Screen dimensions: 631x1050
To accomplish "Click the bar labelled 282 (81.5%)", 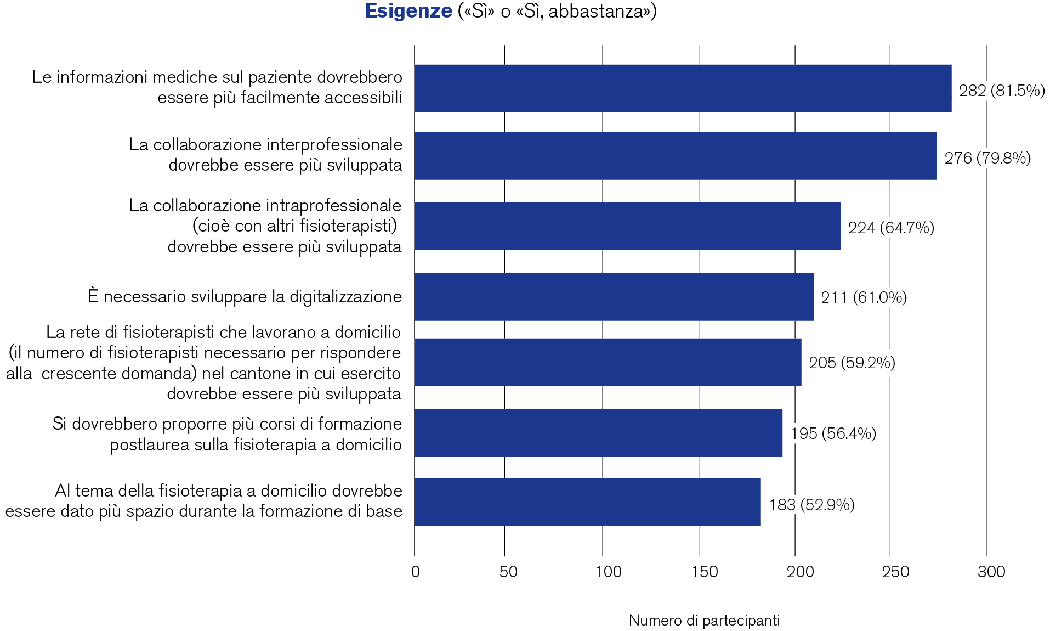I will click(x=683, y=88).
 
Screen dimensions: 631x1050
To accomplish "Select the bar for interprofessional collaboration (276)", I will click(x=675, y=156).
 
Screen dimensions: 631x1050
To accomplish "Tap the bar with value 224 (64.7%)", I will click(x=627, y=226).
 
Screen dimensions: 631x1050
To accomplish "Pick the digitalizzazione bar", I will click(x=614, y=297).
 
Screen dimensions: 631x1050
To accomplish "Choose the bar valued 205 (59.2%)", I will click(x=608, y=362).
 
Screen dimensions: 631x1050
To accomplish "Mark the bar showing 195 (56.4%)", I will click(x=598, y=432).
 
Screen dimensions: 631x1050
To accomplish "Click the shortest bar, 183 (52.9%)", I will click(x=587, y=502).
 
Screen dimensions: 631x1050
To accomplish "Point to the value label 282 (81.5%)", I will click(x=1001, y=91).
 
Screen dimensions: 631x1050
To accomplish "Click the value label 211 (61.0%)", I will click(x=864, y=297).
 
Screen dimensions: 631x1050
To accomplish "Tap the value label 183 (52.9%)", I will click(x=811, y=505).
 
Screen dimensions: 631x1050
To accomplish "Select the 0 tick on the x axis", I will click(x=415, y=572).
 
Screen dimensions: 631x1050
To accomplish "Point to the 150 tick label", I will click(x=704, y=572).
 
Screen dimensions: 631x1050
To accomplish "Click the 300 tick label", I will click(x=991, y=572).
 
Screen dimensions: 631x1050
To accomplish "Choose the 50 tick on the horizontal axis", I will click(x=508, y=572).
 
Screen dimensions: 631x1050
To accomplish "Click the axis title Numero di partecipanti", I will click(x=704, y=621).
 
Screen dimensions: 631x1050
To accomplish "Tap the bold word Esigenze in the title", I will click(x=408, y=11).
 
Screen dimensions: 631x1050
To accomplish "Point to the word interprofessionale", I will click(x=334, y=144).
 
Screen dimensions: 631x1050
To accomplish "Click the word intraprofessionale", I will click(x=334, y=205).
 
